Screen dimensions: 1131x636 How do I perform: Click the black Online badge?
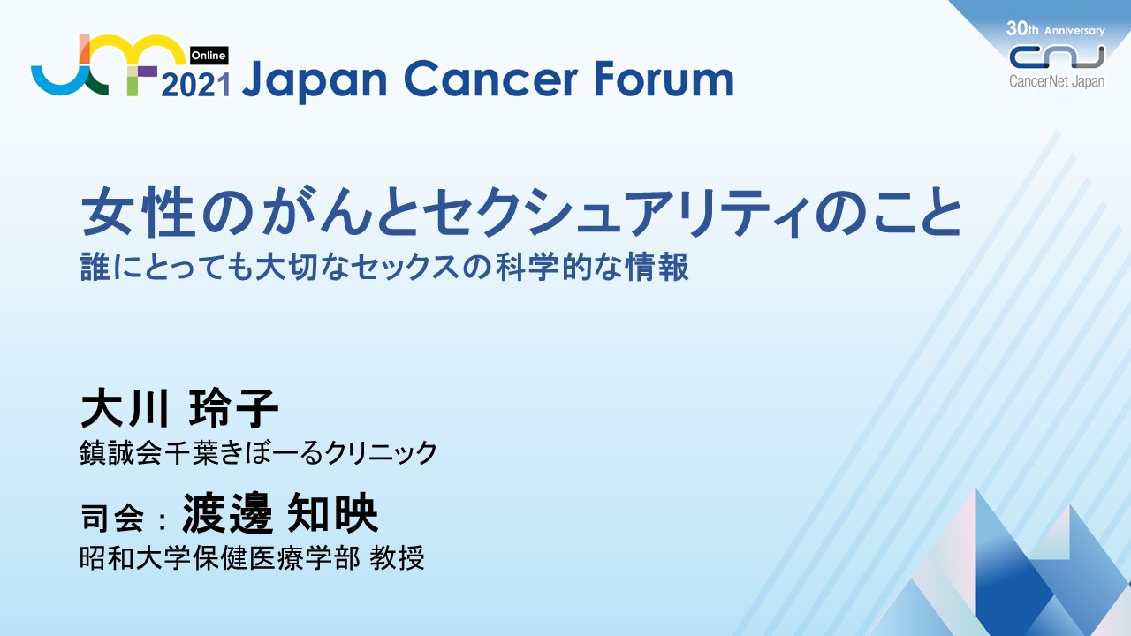click(209, 56)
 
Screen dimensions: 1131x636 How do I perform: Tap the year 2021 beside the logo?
click(196, 85)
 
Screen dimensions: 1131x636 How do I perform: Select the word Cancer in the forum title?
click(490, 79)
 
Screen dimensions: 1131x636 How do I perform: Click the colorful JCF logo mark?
click(108, 64)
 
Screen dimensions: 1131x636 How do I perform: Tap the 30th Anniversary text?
click(1055, 29)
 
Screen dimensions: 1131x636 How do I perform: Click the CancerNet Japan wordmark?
click(1057, 81)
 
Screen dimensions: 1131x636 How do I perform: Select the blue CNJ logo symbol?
click(1057, 57)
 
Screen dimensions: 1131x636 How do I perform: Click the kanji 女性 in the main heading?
click(139, 212)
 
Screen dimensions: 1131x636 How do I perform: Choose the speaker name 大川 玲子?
click(179, 408)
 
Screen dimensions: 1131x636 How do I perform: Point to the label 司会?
click(112, 518)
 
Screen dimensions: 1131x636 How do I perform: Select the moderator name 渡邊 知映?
click(280, 513)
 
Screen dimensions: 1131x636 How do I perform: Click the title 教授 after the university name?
click(397, 558)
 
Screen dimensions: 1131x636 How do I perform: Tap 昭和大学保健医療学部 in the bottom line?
click(220, 558)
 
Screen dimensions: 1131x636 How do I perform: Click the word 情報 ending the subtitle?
click(657, 267)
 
